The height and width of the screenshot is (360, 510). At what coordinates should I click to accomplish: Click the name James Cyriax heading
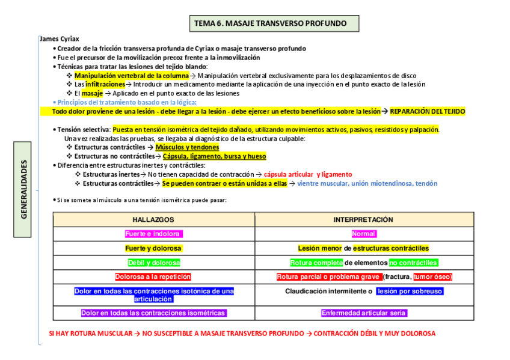pos(58,39)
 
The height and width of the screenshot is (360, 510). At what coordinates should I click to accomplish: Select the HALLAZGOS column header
pos(153,220)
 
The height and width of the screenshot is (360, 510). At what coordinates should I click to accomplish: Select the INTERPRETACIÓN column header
pos(363,220)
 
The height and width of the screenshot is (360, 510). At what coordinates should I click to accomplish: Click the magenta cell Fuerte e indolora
pos(153,234)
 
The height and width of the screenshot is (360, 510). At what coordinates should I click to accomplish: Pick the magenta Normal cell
pos(364,234)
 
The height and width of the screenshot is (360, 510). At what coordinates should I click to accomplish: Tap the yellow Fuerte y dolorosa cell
pos(153,248)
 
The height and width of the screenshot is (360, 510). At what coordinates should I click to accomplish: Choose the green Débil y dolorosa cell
pos(154,263)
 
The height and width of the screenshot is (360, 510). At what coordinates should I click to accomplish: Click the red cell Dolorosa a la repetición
pos(153,277)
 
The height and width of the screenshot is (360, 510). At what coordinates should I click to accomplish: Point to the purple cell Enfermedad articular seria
pos(364,313)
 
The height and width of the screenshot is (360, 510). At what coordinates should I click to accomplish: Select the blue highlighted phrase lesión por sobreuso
pos(410,291)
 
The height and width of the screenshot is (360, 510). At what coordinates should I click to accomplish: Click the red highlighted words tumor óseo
pos(432,277)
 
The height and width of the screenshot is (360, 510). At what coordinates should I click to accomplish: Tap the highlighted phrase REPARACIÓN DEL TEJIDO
pos(427,111)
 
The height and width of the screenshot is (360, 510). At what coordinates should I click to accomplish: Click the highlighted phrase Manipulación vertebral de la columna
pos(131,76)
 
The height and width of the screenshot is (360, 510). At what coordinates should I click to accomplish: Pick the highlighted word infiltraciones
pos(105,85)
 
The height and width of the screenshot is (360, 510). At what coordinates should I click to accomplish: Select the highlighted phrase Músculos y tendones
pos(187,147)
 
